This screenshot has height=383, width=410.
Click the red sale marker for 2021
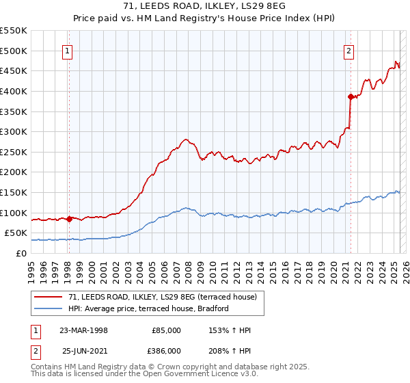[351, 96]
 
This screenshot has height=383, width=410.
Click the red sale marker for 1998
[69, 219]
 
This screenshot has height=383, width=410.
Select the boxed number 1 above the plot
[68, 50]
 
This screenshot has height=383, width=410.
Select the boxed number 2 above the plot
[348, 50]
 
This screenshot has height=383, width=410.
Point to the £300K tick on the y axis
[15, 131]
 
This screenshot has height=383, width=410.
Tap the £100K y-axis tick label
[15, 213]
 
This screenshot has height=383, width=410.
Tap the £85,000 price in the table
[166, 330]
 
